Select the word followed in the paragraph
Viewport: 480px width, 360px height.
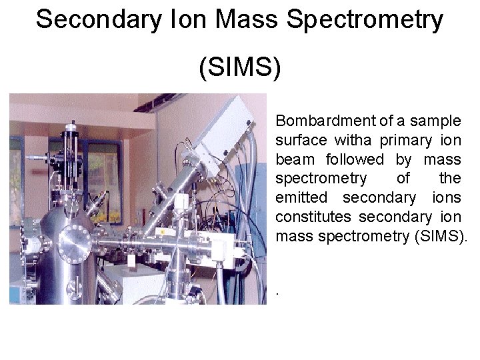(x=355, y=160)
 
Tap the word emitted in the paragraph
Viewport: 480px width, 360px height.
(x=299, y=198)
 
